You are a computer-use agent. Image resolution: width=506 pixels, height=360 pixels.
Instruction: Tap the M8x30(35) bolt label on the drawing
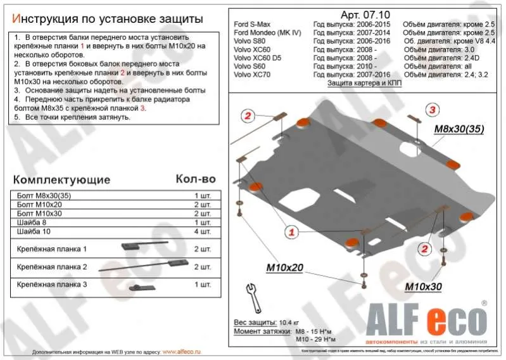point(459,129)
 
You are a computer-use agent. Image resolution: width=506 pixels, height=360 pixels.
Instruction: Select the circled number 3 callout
point(433,110)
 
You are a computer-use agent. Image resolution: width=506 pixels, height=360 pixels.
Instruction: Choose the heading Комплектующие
point(61,179)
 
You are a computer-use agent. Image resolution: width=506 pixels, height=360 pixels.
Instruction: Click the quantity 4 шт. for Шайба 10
point(202,232)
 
